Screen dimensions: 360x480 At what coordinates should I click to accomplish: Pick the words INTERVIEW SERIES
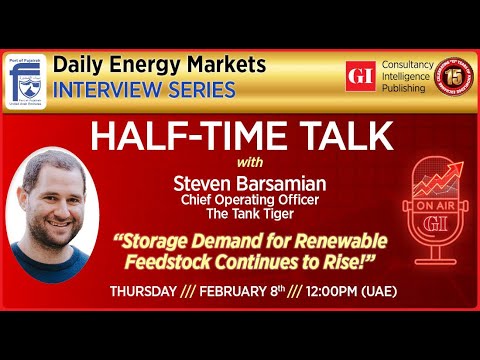[144, 90]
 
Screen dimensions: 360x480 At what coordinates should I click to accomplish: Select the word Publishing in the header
[402, 87]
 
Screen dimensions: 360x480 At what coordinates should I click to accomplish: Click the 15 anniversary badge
[451, 75]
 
